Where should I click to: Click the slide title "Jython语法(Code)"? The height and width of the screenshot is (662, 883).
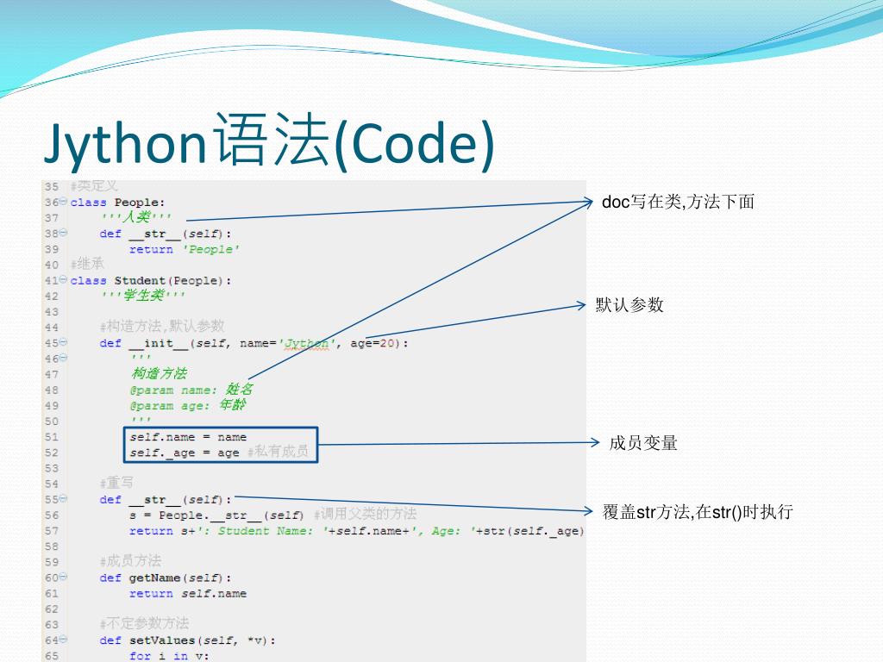[270, 143]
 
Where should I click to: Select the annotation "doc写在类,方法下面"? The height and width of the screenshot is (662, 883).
[678, 202]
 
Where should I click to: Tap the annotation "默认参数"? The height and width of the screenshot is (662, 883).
[629, 305]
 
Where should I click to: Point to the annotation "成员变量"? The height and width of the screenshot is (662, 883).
[643, 443]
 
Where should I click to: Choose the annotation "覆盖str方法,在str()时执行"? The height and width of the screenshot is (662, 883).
[698, 512]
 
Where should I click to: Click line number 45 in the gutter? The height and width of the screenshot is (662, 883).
[51, 343]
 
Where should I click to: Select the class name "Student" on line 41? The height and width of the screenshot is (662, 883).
[140, 281]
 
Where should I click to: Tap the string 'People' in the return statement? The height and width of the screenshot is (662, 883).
[210, 249]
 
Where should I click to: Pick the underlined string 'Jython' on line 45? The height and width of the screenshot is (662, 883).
[308, 343]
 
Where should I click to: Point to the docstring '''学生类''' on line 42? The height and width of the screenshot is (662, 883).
[142, 297]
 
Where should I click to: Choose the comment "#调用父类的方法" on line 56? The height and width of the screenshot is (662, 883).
[365, 515]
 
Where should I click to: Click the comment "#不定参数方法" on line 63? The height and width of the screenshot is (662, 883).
[144, 624]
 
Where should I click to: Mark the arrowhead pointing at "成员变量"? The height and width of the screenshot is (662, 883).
[595, 443]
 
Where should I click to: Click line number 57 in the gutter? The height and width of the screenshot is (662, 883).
[51, 531]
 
